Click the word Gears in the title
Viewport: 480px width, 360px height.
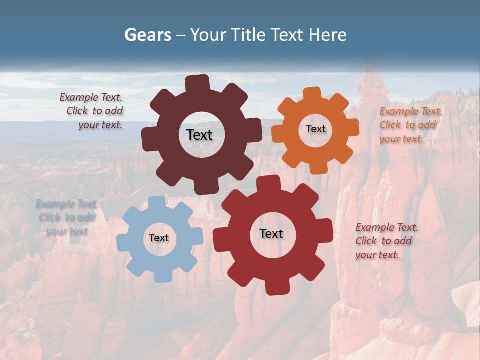[x=147, y=35]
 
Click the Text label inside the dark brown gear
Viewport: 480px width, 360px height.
[x=199, y=135]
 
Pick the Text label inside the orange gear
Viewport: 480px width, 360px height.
[x=315, y=129]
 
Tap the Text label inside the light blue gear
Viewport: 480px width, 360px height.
[x=159, y=238]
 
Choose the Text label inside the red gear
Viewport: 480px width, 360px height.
[x=271, y=233]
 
